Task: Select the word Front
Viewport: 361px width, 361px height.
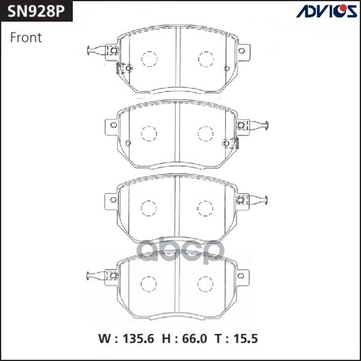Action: (x=26, y=37)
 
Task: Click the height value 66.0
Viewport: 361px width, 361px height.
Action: (x=196, y=339)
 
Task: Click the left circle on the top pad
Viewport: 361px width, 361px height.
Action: (x=149, y=59)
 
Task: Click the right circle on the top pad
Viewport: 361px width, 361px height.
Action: (x=206, y=59)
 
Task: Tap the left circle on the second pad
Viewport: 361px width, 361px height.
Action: (x=149, y=133)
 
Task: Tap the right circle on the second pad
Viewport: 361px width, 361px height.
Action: (x=206, y=133)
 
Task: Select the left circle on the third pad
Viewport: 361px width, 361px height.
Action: (x=149, y=208)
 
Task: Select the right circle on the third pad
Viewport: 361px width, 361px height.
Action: (x=206, y=208)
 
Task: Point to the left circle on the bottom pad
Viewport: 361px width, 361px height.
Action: (x=149, y=283)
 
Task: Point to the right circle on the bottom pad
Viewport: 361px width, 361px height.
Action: (x=206, y=283)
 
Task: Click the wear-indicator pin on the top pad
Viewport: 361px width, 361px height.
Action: (x=94, y=51)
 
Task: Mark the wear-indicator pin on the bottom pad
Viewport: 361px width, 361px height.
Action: (x=94, y=276)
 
